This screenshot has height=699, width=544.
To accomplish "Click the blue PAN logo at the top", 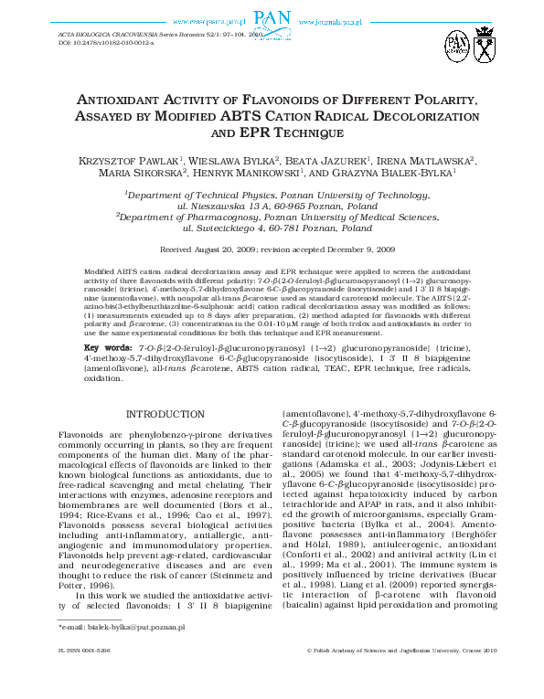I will click(x=271, y=19).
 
